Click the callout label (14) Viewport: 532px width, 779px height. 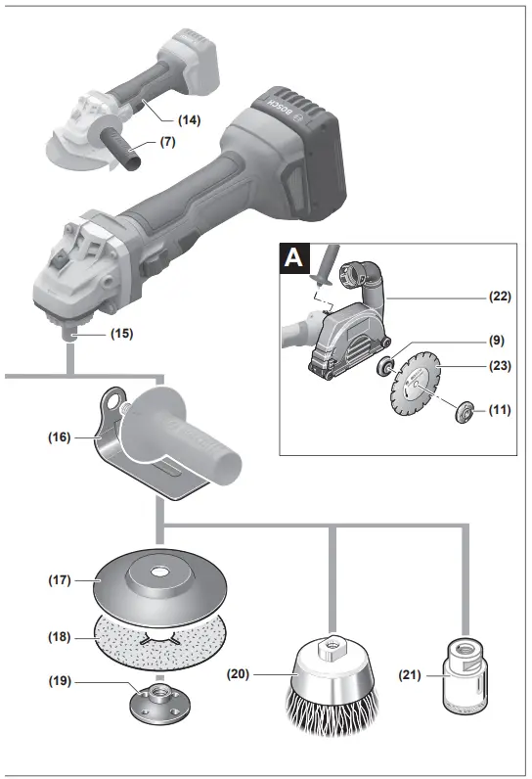pyautogui.click(x=191, y=119)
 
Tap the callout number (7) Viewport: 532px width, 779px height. pyautogui.click(x=167, y=143)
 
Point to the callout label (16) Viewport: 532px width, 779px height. pyautogui.click(x=59, y=437)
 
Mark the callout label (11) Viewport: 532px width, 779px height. pyautogui.click(x=499, y=412)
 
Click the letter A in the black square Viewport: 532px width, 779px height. pyautogui.click(x=294, y=259)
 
